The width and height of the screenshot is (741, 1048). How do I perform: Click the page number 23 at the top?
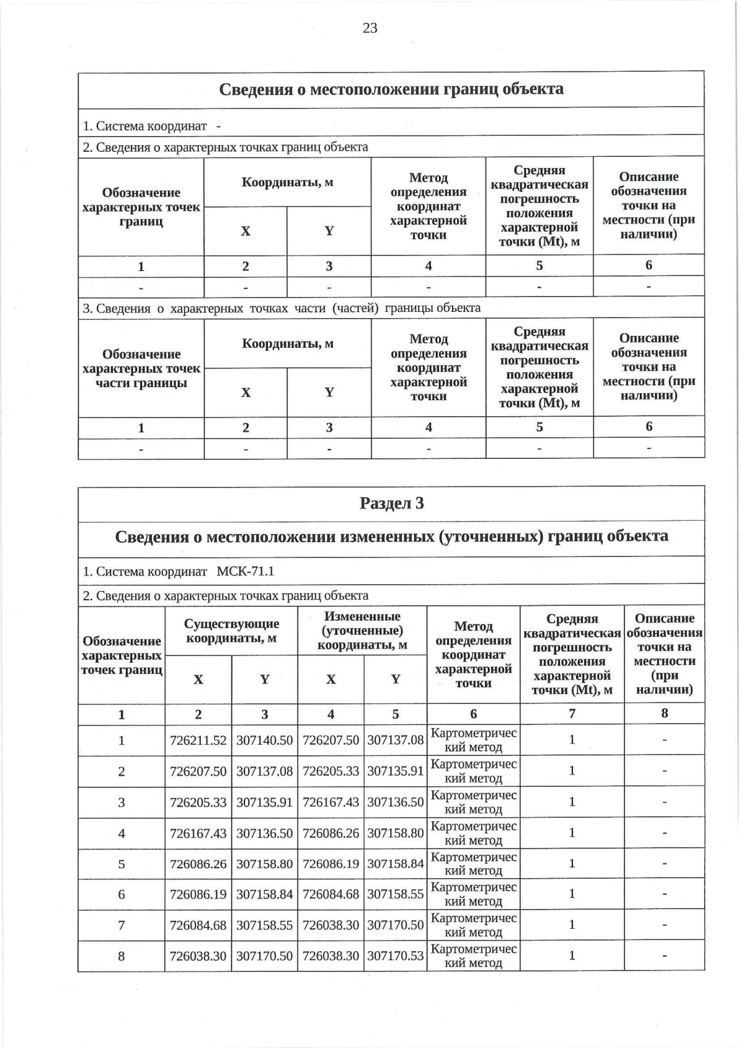(x=370, y=28)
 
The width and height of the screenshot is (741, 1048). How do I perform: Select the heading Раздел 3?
(x=391, y=503)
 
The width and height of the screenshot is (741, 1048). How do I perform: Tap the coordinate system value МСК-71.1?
(x=245, y=571)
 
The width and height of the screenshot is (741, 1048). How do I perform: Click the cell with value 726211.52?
(x=198, y=740)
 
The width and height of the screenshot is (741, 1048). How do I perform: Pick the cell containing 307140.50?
(x=264, y=740)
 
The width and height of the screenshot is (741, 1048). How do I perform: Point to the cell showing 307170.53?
(x=395, y=956)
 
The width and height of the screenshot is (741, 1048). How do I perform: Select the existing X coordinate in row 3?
(x=198, y=802)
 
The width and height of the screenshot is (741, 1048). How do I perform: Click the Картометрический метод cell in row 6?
(x=473, y=894)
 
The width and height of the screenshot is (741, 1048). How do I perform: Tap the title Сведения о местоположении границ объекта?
(x=391, y=89)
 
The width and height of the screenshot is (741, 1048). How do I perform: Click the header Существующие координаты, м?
(x=232, y=631)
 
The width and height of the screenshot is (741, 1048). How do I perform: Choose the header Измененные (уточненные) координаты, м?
(x=362, y=631)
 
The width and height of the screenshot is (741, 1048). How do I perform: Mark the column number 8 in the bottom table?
(x=664, y=713)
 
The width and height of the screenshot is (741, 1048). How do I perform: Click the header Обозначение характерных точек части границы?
(x=141, y=368)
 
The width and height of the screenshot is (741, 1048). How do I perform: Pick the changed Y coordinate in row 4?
(x=395, y=832)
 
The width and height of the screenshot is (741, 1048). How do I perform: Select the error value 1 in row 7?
(x=572, y=924)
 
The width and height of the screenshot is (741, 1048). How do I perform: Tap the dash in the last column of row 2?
(x=664, y=771)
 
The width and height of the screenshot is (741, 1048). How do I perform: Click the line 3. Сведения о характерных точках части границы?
(x=282, y=308)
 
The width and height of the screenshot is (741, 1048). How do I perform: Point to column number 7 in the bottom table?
(x=572, y=713)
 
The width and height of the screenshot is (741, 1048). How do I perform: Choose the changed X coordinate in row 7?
(x=330, y=925)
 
